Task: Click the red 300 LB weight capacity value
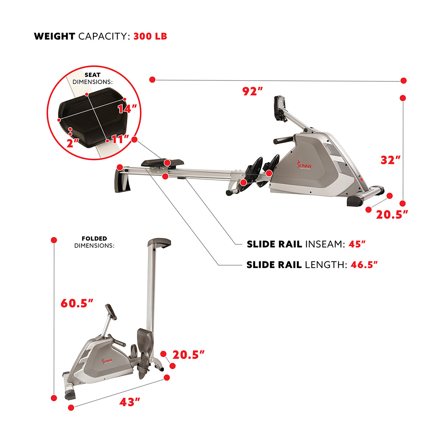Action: (x=150, y=36)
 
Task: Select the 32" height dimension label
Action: (x=391, y=160)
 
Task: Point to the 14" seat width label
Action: (x=127, y=109)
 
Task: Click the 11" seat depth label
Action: (x=120, y=139)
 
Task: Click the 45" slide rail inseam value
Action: (x=357, y=244)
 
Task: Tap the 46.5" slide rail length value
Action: (x=364, y=265)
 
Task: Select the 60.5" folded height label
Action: (x=77, y=303)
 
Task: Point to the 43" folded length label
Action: (x=130, y=402)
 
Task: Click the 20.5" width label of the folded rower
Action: (x=188, y=355)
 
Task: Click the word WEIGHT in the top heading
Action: (x=55, y=36)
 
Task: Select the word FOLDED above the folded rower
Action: (x=94, y=239)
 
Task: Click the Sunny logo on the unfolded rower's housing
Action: (x=305, y=164)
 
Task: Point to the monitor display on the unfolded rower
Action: (x=279, y=108)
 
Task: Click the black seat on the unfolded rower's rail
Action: (x=162, y=162)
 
